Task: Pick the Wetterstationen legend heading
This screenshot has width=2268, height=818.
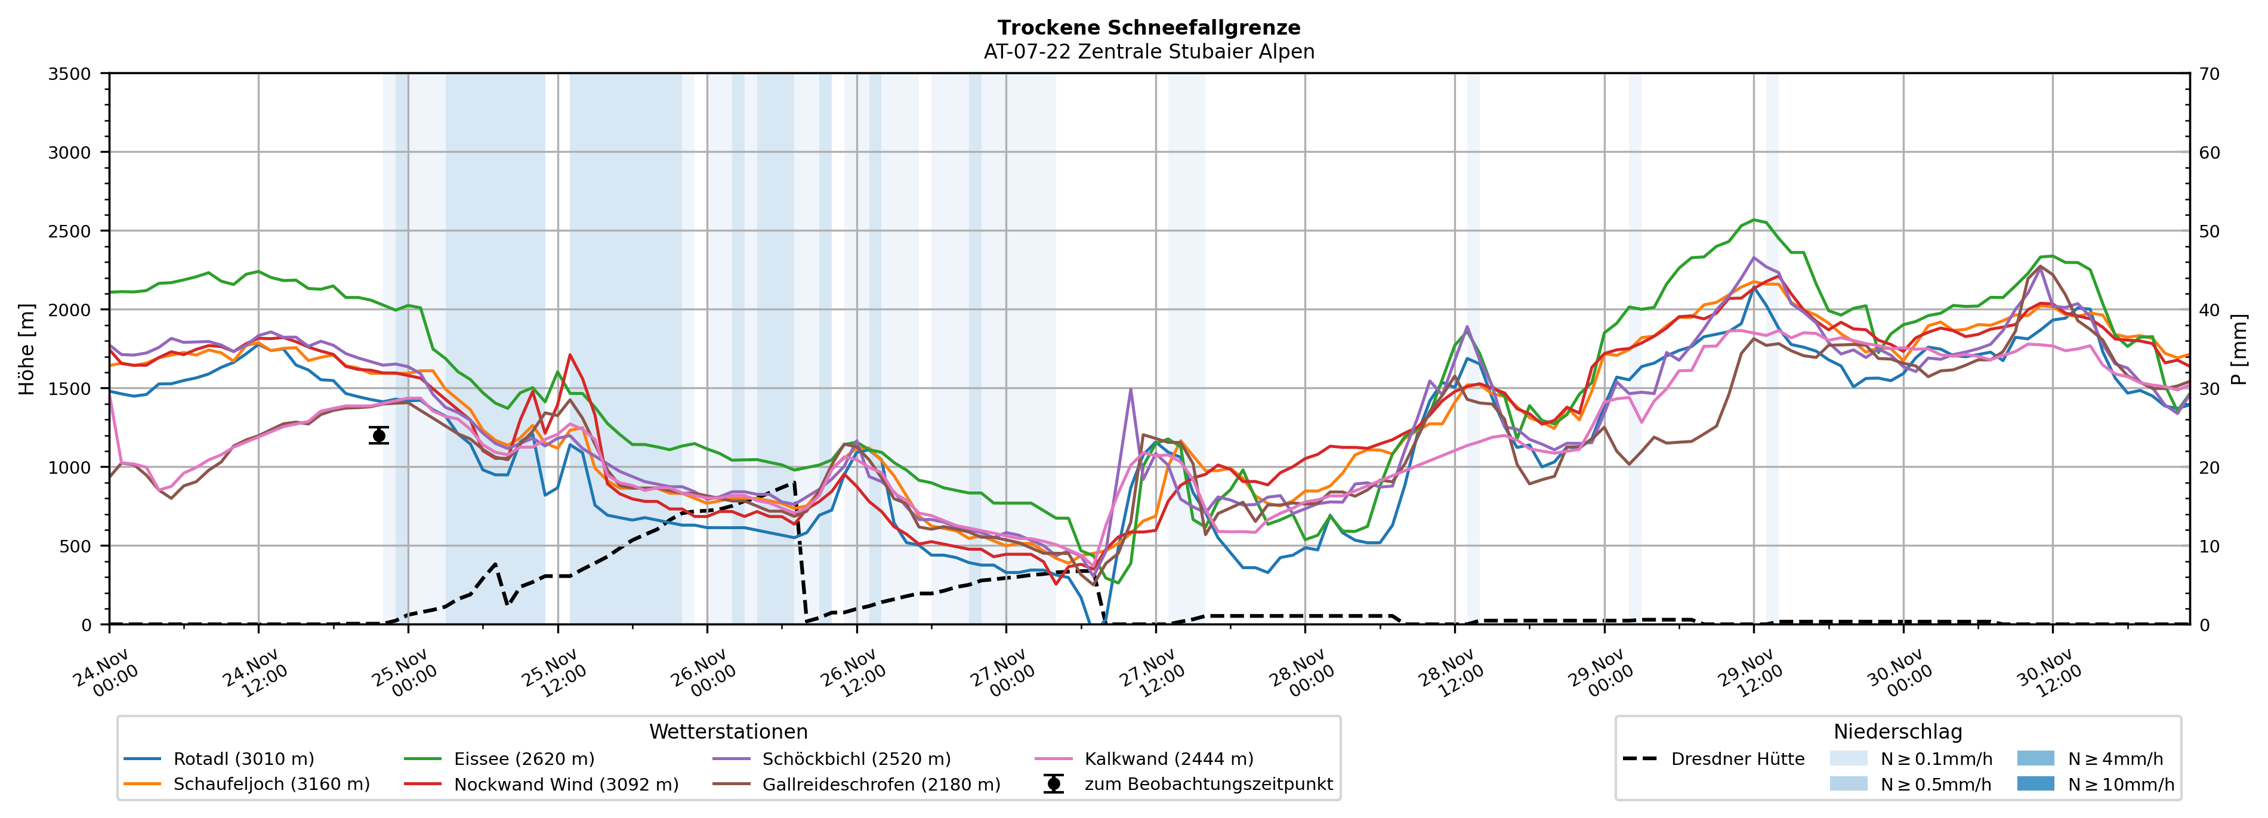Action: tap(728, 731)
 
